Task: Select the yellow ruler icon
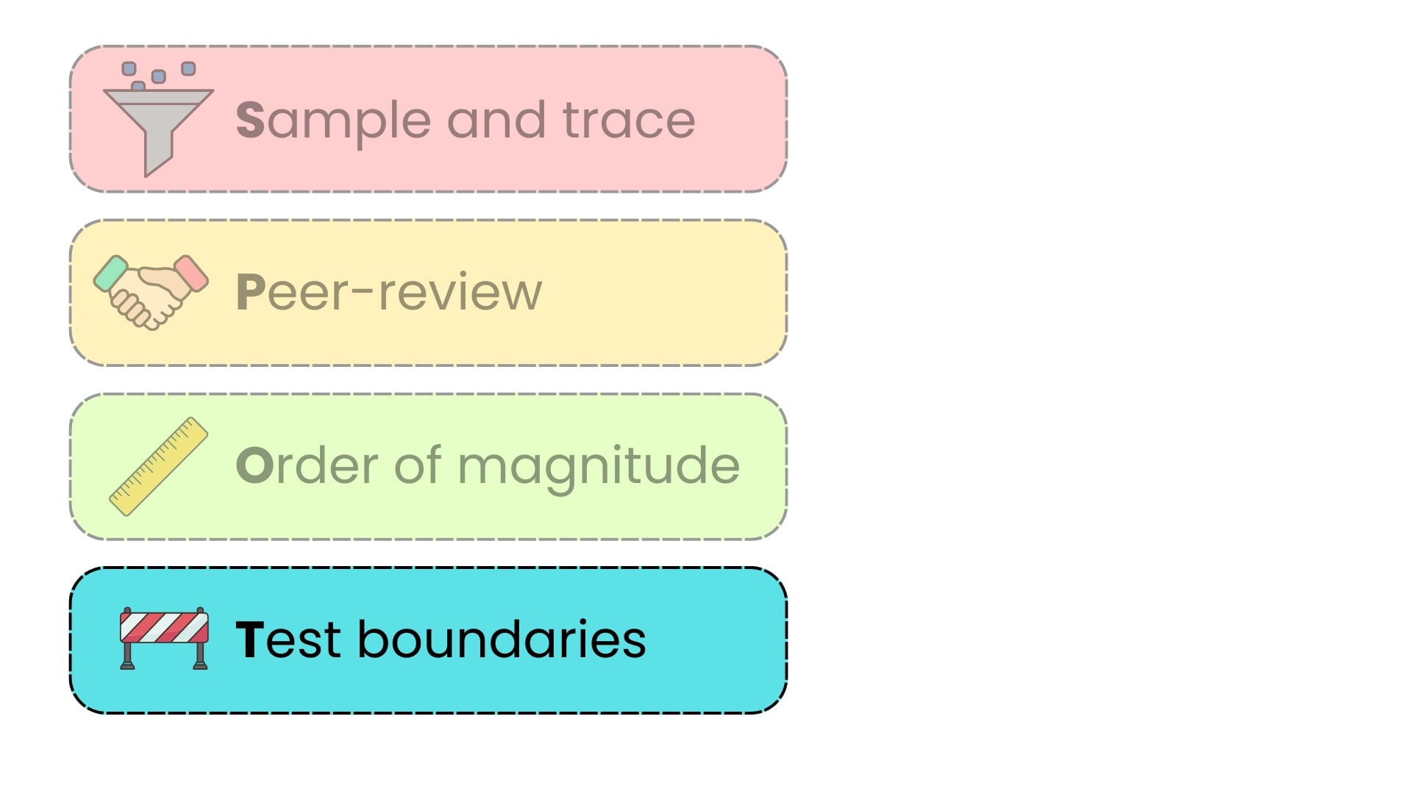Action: click(x=158, y=466)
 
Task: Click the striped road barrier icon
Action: click(x=164, y=638)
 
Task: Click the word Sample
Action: click(x=333, y=121)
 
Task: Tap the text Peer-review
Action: click(x=389, y=292)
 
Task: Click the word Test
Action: click(x=288, y=639)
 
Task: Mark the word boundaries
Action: click(x=502, y=638)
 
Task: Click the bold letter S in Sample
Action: click(x=250, y=120)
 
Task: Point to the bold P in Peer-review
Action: click(x=250, y=293)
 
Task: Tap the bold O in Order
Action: click(x=254, y=465)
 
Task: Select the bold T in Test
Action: click(x=249, y=640)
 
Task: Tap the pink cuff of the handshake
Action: click(x=191, y=273)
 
